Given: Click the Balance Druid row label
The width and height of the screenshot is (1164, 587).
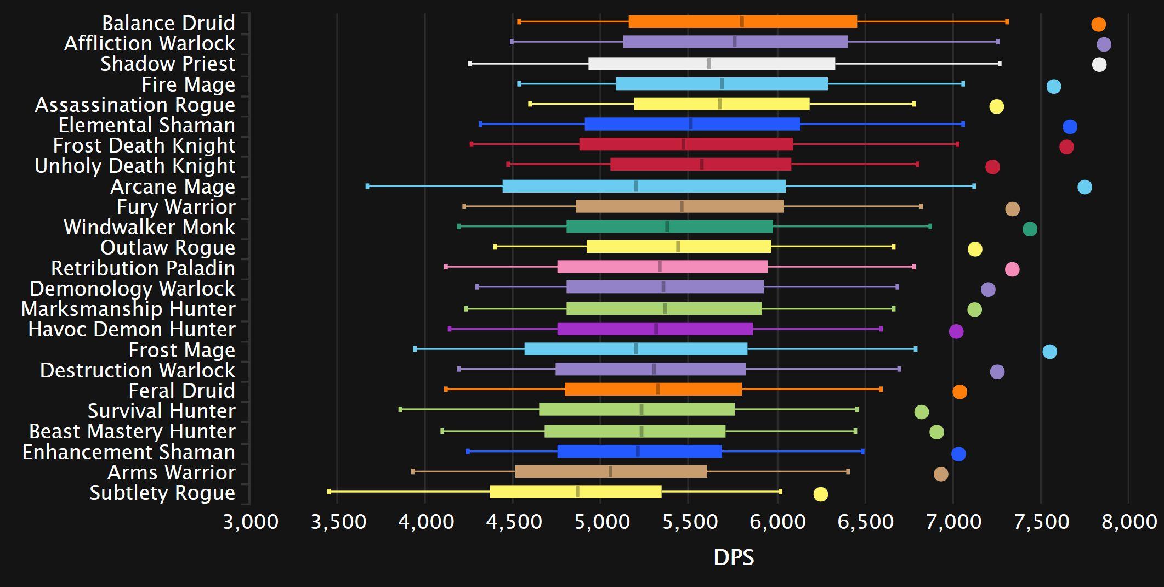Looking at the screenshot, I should (x=168, y=23).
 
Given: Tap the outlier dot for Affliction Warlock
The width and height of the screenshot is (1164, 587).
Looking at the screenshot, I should (x=1104, y=44).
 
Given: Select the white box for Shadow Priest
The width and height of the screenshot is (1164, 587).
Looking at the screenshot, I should (x=711, y=64).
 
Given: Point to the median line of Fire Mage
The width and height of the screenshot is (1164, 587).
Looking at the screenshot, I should (x=722, y=84).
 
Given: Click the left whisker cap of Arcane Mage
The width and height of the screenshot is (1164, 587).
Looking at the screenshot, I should (x=367, y=187).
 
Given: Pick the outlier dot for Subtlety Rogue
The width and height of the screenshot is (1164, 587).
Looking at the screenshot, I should (x=820, y=494).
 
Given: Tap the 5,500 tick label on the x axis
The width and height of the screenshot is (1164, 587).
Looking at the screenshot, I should (x=690, y=521).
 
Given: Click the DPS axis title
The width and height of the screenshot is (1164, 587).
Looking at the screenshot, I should (x=733, y=557).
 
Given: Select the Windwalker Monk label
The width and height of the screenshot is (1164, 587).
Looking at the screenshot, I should (x=149, y=227).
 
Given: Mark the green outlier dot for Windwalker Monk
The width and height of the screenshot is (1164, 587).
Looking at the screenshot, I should (x=1030, y=229).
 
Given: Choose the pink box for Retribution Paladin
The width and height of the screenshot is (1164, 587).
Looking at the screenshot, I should (x=662, y=267).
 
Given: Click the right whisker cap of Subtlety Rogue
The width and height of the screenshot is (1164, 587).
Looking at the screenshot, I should (x=780, y=492).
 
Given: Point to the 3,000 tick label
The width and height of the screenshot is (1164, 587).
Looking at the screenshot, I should (x=251, y=521).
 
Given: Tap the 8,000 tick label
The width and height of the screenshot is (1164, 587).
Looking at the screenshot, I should (x=1129, y=521).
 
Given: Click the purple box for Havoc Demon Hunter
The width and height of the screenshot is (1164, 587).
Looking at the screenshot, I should (x=655, y=329).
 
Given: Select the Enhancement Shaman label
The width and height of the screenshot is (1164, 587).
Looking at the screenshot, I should (x=128, y=452).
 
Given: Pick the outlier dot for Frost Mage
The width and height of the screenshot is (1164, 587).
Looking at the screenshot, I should (x=1049, y=352).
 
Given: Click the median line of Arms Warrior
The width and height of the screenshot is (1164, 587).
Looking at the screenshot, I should (x=610, y=471).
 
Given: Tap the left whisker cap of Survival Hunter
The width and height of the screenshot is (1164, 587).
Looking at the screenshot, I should (x=400, y=409).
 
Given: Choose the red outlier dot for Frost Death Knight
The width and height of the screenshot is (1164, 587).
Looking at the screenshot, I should (x=1066, y=147).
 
